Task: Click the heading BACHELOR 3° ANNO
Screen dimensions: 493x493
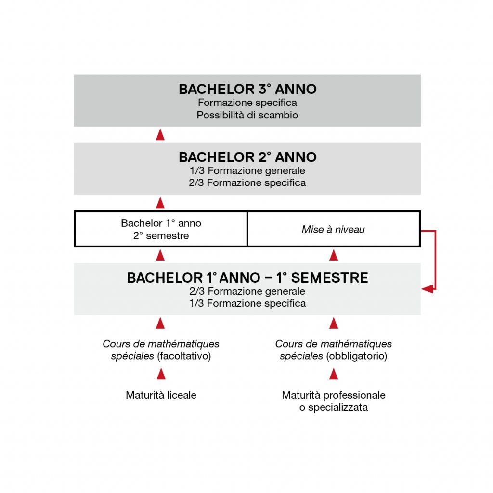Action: (247, 89)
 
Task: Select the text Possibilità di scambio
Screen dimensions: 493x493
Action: (247, 115)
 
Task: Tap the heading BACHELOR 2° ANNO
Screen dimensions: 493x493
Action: (247, 157)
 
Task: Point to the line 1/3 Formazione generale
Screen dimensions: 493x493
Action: (247, 170)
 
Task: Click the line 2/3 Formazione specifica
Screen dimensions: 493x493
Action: (247, 182)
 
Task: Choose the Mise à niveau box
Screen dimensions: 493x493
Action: (334, 229)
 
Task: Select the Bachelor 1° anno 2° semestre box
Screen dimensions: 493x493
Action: (161, 229)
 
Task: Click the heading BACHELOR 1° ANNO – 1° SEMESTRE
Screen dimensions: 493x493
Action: (247, 278)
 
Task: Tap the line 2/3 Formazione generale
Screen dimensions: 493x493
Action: (247, 291)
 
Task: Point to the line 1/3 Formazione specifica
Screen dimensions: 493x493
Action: (247, 303)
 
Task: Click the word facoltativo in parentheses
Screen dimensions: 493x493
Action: (184, 356)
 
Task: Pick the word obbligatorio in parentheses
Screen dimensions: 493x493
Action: (357, 356)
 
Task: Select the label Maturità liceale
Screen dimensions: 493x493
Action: (161, 395)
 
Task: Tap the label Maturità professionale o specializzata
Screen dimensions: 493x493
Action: (334, 401)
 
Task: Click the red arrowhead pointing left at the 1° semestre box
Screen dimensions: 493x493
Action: (428, 289)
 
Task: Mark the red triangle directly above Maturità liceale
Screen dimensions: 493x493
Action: (161, 374)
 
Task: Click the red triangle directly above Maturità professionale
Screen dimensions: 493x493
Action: (334, 374)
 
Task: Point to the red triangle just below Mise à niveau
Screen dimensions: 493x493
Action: (334, 255)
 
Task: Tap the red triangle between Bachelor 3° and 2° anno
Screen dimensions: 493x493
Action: (160, 134)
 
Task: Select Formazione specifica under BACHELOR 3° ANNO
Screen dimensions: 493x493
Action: (247, 103)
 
